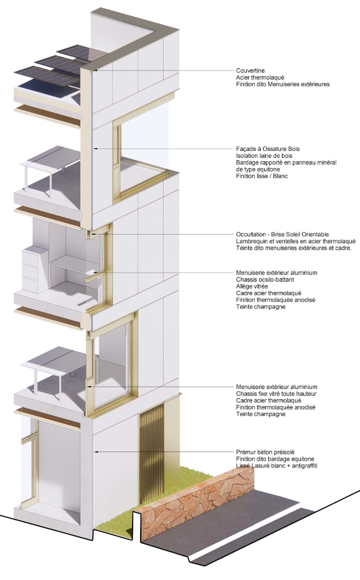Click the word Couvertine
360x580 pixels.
[x=250, y=71]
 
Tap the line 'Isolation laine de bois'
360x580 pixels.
[x=264, y=156]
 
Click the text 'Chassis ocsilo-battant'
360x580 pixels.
[x=264, y=279]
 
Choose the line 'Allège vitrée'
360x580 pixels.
[x=252, y=286]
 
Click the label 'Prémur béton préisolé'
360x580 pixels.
[x=265, y=452]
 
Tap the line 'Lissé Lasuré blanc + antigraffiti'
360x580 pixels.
[x=276, y=466]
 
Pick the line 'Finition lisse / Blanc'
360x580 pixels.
[x=262, y=176]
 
